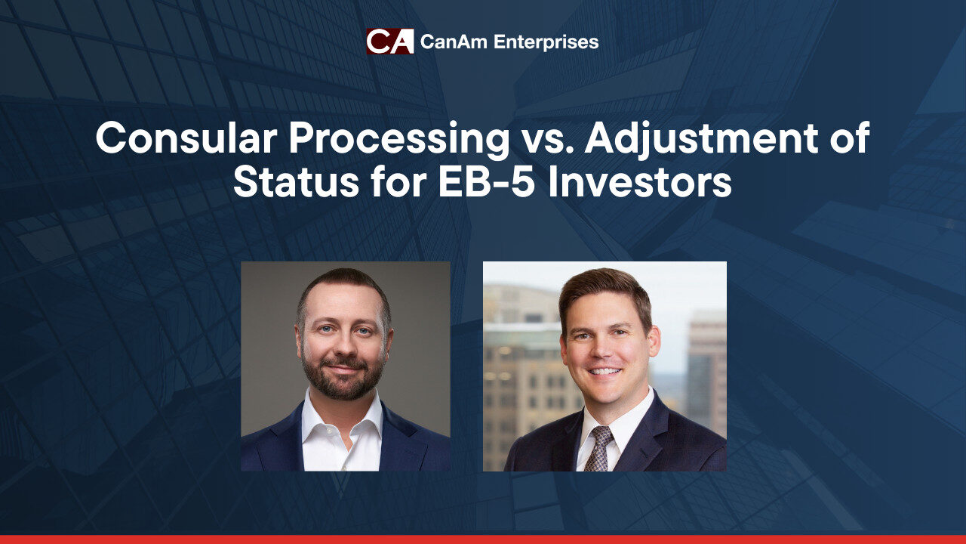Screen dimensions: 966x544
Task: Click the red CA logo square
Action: pyautogui.click(x=390, y=42)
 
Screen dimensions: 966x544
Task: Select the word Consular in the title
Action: pyautogui.click(x=186, y=138)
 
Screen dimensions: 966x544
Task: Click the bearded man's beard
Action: pyautogui.click(x=343, y=378)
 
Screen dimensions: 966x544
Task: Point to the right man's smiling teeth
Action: pyautogui.click(x=605, y=371)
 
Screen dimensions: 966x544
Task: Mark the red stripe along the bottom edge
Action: pyautogui.click(x=483, y=539)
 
